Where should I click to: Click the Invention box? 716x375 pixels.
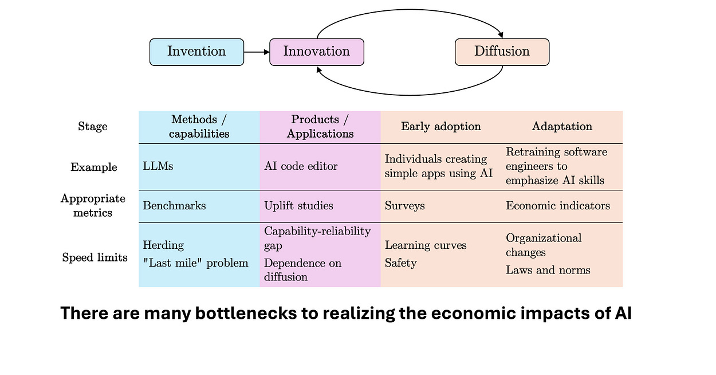tap(196, 52)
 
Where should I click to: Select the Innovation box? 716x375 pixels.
tap(316, 52)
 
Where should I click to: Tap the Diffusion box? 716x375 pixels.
tap(502, 52)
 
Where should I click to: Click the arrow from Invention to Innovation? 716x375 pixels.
tap(257, 52)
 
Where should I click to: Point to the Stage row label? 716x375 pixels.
tap(93, 127)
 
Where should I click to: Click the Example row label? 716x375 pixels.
tap(94, 167)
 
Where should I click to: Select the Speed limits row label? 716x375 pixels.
tap(95, 257)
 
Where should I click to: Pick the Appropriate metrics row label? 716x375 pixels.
tap(93, 205)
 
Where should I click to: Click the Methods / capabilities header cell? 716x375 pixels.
tap(199, 127)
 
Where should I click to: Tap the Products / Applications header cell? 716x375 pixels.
tap(320, 127)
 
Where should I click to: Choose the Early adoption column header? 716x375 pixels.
tap(440, 127)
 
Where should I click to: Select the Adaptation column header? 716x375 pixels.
tap(562, 127)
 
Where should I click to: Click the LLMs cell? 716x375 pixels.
tap(158, 166)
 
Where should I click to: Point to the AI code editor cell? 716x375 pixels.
tap(301, 166)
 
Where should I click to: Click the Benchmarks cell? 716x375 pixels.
tap(174, 206)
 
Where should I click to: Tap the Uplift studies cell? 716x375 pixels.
tap(298, 206)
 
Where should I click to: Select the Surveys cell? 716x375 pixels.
tap(404, 206)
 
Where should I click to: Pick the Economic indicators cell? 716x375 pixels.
tap(557, 206)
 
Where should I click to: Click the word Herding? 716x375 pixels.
tap(163, 245)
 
